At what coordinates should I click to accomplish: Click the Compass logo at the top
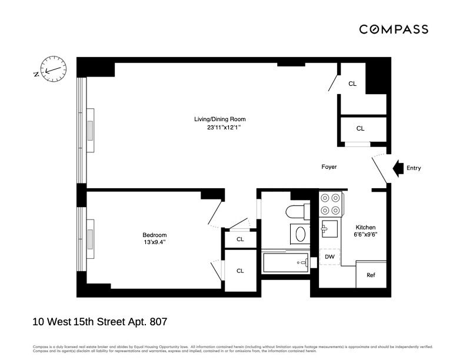(394, 29)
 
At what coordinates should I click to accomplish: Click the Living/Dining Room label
(216, 119)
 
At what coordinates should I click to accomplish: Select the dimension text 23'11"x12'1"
(216, 128)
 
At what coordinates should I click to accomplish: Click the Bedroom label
(155, 235)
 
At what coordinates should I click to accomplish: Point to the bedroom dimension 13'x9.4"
(155, 243)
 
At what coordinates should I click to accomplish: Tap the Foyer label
(329, 167)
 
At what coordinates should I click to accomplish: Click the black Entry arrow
(398, 168)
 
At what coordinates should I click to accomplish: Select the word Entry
(414, 168)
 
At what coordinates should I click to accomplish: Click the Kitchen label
(365, 227)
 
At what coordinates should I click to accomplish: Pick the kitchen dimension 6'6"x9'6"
(365, 235)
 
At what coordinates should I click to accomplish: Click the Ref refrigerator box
(371, 275)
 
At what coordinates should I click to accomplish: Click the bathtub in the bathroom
(286, 262)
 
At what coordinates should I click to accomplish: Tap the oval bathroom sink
(301, 235)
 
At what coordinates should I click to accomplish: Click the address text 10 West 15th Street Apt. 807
(99, 322)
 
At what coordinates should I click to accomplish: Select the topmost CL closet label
(352, 84)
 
